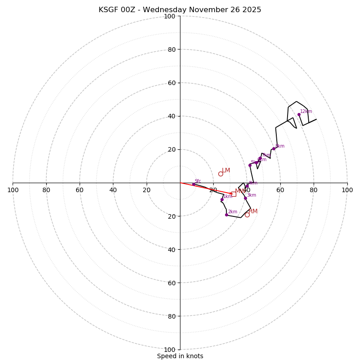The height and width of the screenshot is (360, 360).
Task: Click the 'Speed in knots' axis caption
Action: [x=180, y=356]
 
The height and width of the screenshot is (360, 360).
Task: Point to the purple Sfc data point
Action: [x=193, y=184]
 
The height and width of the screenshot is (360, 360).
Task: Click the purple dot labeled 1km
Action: [x=222, y=199]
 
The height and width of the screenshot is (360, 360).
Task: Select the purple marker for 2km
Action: [x=226, y=215]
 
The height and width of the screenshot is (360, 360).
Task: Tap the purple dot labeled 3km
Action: [x=245, y=198]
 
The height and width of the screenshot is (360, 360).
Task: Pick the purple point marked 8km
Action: [x=274, y=148]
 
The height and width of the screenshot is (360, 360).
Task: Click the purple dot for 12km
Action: [x=299, y=114]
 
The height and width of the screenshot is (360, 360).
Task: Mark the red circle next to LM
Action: [x=220, y=174]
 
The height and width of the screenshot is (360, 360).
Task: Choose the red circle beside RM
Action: [x=247, y=215]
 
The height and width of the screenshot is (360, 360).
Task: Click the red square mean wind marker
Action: [x=234, y=194]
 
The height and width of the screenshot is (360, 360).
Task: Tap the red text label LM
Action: [x=226, y=171]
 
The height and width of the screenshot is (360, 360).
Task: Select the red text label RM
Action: [x=253, y=211]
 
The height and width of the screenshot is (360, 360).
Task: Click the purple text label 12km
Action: [x=306, y=112]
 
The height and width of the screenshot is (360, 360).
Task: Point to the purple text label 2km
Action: [x=232, y=212]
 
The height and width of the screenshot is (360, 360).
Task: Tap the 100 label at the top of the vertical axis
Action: [x=170, y=16]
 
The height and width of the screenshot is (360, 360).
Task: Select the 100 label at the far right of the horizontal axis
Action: [x=347, y=190]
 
